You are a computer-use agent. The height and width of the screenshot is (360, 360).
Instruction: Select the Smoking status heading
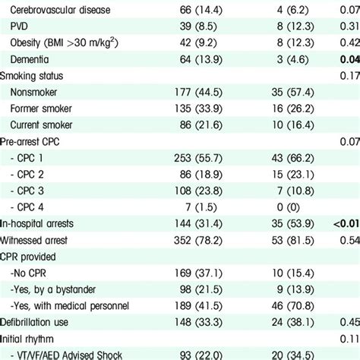34,75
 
